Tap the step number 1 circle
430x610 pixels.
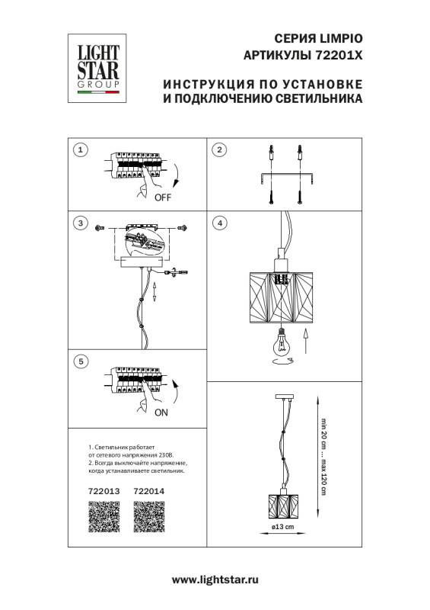(80, 149)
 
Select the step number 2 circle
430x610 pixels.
(219, 149)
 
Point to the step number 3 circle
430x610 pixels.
(80, 223)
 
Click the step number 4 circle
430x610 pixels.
(219, 223)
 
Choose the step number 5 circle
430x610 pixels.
(80, 361)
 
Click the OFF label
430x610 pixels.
(162, 197)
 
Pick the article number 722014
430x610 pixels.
(148, 492)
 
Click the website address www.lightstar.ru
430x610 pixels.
(215, 580)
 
